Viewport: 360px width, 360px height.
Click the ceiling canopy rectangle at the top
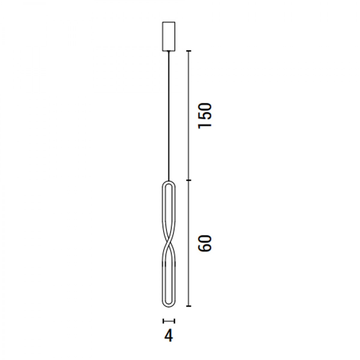tap(169, 36)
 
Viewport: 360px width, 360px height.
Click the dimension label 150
tap(205, 115)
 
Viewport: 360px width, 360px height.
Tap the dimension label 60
tap(205, 243)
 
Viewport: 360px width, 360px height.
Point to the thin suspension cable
tap(169, 115)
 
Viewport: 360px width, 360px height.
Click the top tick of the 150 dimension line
tap(189, 51)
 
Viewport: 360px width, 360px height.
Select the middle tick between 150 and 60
tap(189, 180)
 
